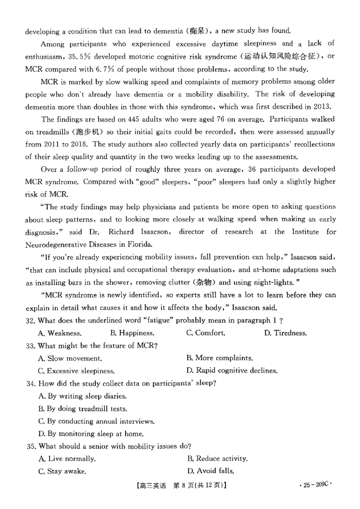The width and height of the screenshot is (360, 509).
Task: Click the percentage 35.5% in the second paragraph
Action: click(x=79, y=57)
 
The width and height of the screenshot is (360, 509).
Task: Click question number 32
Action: click(x=31, y=320)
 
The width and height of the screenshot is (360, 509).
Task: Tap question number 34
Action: click(x=31, y=384)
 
